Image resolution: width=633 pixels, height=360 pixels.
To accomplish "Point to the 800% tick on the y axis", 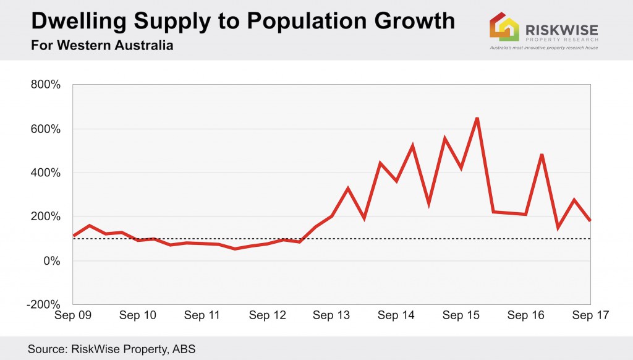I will click(x=45, y=85).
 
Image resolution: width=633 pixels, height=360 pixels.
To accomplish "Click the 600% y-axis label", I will click(x=45, y=129).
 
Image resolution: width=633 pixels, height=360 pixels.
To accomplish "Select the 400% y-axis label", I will click(x=45, y=173).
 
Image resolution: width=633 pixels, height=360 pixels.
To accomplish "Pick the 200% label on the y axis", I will click(x=45, y=216).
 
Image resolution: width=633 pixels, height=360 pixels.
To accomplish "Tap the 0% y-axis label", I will click(x=51, y=260).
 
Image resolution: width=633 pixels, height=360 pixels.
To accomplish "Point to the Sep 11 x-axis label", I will click(x=202, y=315).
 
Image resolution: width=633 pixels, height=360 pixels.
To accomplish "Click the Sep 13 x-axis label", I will click(x=331, y=315).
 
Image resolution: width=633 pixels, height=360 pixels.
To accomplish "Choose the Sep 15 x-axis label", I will click(x=461, y=315).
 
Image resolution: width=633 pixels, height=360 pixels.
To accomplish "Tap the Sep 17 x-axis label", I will click(x=590, y=315).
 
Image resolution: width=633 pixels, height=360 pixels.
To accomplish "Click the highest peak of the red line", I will click(x=477, y=118).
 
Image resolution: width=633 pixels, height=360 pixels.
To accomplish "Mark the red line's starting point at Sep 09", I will click(x=73, y=236).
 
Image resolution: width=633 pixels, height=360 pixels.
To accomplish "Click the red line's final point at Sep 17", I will click(x=590, y=220).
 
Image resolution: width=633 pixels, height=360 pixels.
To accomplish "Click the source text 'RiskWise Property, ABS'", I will click(x=111, y=349).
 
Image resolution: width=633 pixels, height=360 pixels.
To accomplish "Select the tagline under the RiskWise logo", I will click(x=543, y=47).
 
